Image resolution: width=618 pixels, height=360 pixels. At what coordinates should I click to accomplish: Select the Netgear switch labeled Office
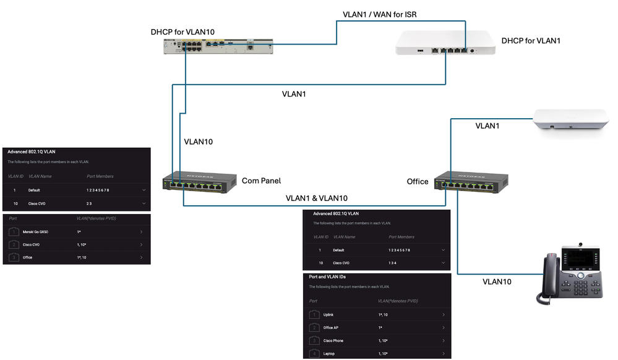(471, 181)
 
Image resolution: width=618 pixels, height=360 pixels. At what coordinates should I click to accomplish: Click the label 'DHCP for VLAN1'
(531, 41)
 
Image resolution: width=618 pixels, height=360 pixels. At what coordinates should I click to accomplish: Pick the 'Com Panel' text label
(261, 181)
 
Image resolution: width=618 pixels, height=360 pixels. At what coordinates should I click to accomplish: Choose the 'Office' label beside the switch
(418, 181)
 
